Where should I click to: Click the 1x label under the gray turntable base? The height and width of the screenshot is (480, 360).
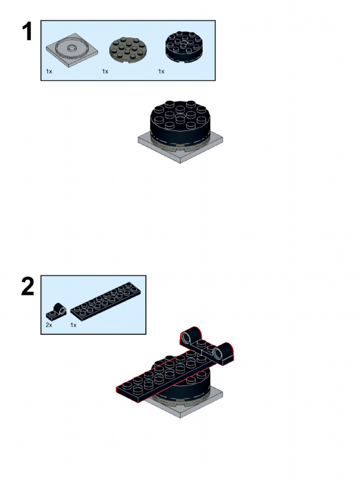pyautogui.click(x=49, y=71)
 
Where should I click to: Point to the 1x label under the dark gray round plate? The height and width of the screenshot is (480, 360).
pyautogui.click(x=105, y=71)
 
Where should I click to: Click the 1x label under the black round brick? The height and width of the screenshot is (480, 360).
pyautogui.click(x=161, y=71)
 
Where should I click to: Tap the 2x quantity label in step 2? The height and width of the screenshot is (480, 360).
pyautogui.click(x=49, y=325)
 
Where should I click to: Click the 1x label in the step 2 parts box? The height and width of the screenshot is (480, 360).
pyautogui.click(x=74, y=325)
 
